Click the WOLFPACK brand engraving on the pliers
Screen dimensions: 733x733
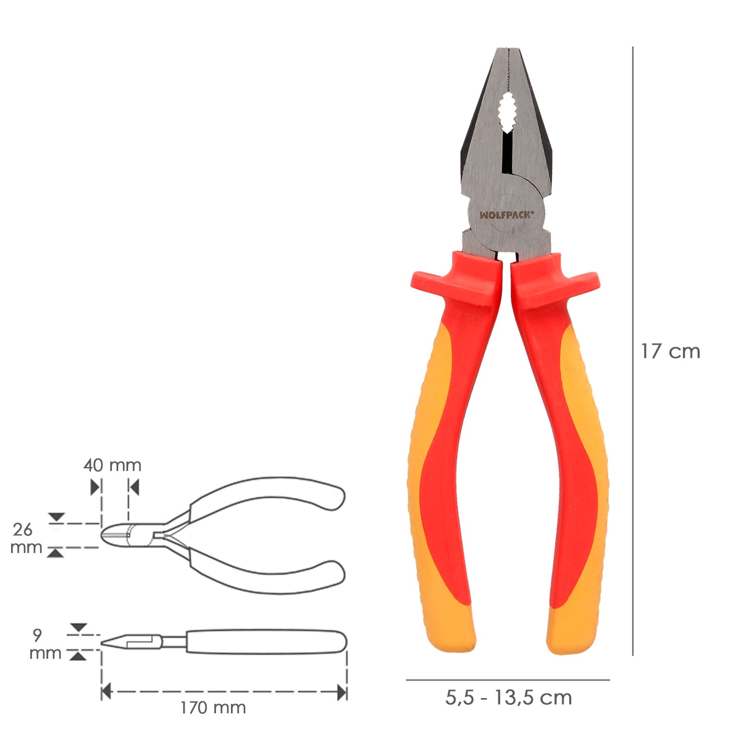click(x=506, y=215)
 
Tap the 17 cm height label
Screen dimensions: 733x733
click(x=670, y=351)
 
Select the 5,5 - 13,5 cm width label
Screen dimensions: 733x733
click(x=508, y=698)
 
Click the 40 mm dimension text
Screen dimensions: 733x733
click(x=112, y=465)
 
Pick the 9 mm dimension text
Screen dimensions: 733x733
click(x=45, y=644)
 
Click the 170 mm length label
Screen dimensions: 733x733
click(x=213, y=708)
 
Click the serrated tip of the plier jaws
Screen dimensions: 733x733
click(x=506, y=51)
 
